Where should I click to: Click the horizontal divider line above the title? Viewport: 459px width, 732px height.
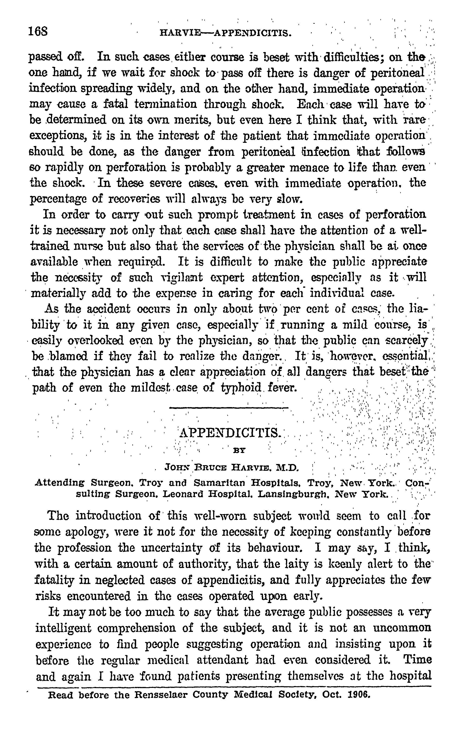tap(228, 407)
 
